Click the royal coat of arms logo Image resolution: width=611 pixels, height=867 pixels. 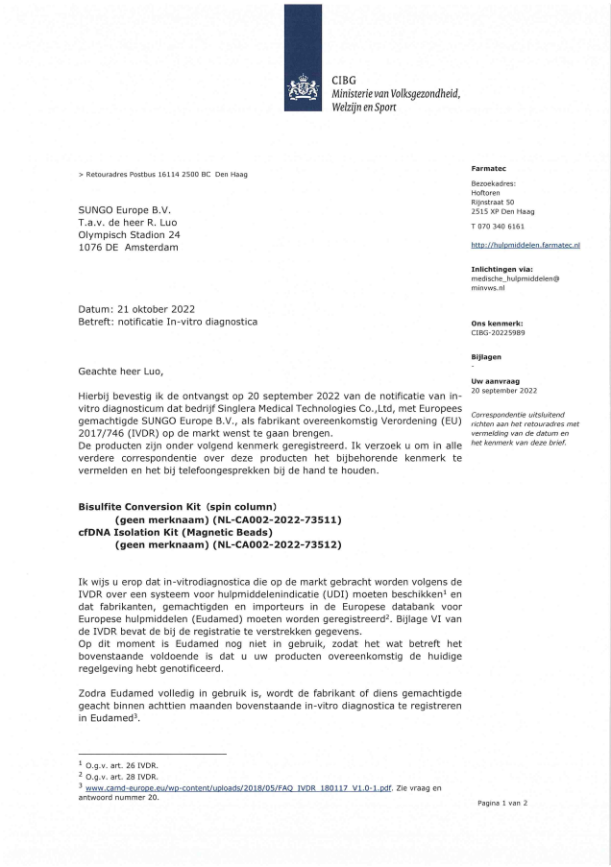coord(307,92)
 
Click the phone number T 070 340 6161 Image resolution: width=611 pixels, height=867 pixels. coord(497,226)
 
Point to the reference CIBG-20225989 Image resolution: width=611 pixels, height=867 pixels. coord(498,333)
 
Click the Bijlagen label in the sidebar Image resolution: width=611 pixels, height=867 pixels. coord(486,356)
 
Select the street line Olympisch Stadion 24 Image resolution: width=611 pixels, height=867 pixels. coord(129,233)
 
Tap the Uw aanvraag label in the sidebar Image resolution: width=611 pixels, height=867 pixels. coord(492,381)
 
